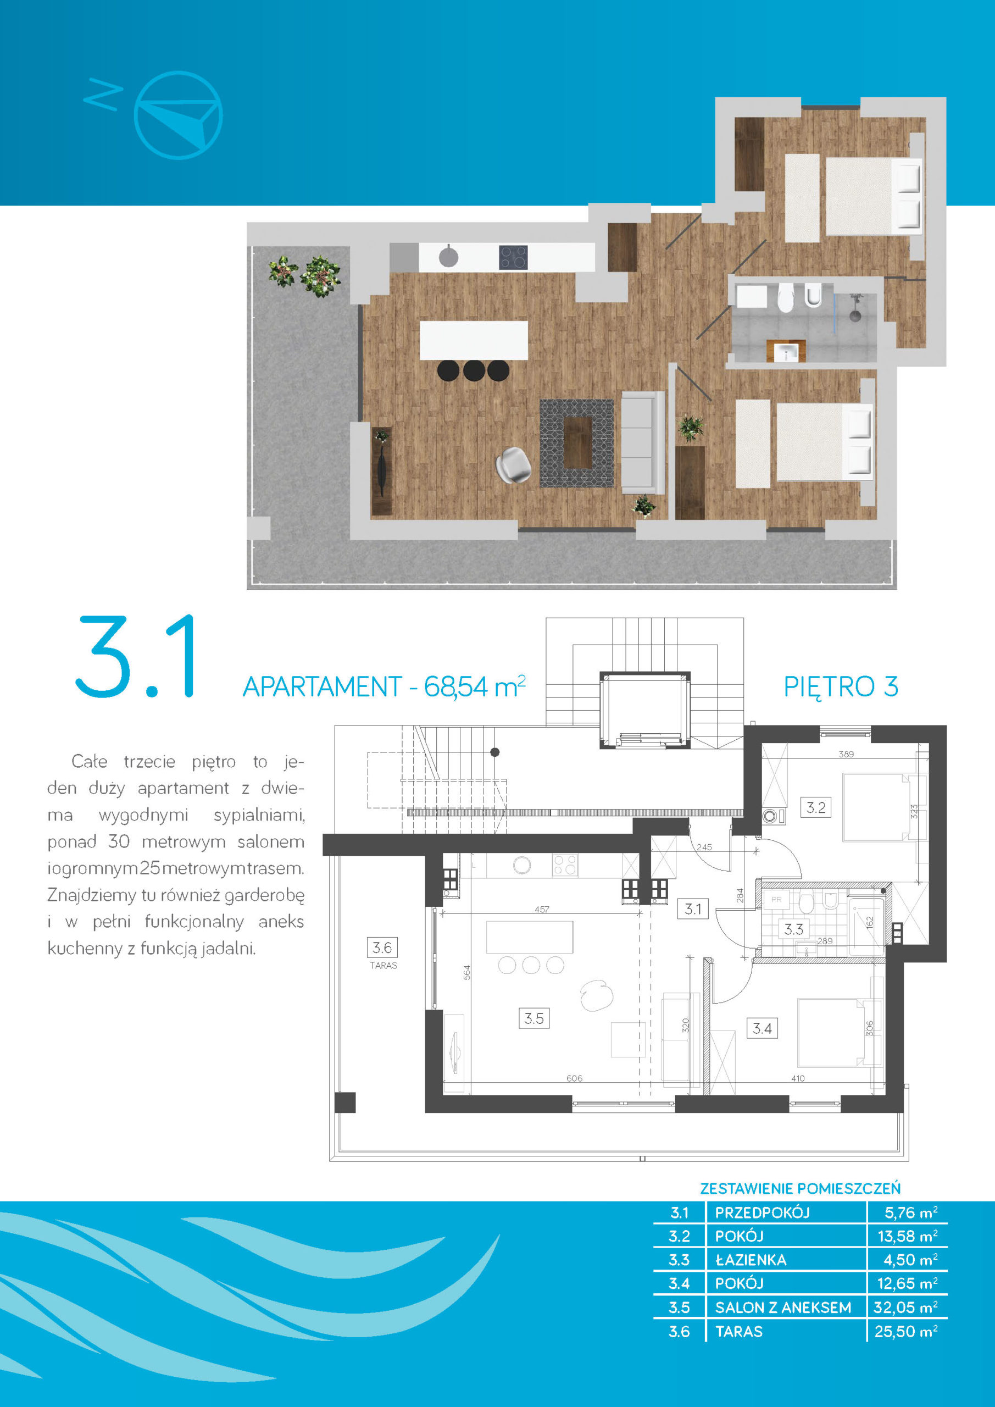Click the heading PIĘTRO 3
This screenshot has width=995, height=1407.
841,687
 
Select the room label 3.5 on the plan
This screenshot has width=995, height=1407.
533,1018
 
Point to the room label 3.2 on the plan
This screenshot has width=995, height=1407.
815,808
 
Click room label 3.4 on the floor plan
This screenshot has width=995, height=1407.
762,1028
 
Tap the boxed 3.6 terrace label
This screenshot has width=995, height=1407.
382,948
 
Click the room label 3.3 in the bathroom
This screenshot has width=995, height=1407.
793,929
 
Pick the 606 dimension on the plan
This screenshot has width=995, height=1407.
574,1078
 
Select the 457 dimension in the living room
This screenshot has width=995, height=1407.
542,910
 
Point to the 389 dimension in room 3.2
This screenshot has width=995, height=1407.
846,755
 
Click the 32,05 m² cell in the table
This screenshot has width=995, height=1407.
905,1308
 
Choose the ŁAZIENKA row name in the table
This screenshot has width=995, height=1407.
751,1260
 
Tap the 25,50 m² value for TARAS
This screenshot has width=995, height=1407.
905,1332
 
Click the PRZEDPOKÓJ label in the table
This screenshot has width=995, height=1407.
762,1213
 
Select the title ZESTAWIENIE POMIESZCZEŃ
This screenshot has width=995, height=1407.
800,1189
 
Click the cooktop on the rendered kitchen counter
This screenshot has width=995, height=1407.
513,257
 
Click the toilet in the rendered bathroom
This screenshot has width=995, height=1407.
786,298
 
